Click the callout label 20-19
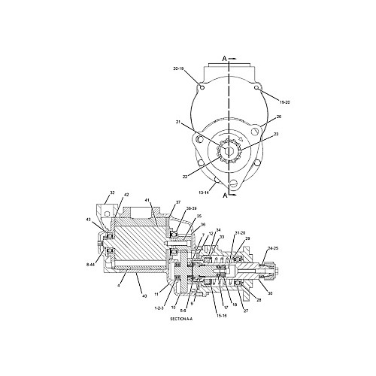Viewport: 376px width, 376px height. [178, 69]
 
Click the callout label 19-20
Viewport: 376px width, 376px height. [284, 101]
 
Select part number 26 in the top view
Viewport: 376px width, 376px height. [277, 117]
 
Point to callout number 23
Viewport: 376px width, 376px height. [275, 135]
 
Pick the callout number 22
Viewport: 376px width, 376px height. [185, 177]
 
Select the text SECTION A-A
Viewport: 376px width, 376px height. [181, 319]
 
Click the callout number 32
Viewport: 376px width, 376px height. [112, 193]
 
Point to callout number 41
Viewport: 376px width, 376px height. [148, 201]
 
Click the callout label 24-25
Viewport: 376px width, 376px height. [272, 247]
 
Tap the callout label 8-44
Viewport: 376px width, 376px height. [92, 265]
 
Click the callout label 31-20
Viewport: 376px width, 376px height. [240, 232]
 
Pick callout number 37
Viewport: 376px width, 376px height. [178, 203]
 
